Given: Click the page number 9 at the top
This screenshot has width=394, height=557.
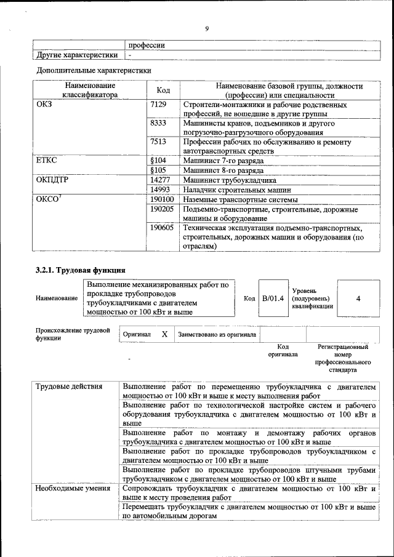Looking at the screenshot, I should (x=207, y=28).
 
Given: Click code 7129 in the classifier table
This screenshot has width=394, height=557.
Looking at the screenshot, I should (x=159, y=105).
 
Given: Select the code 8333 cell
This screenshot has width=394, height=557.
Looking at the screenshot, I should (x=159, y=123).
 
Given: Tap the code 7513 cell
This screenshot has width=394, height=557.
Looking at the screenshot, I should (x=159, y=142).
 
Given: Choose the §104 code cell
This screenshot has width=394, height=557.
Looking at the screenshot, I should (x=159, y=160).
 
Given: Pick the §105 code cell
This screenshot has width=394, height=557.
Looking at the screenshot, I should (x=159, y=169).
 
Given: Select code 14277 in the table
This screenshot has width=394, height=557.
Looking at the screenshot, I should (x=160, y=180).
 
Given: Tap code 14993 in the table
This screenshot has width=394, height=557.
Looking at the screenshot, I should (x=160, y=190).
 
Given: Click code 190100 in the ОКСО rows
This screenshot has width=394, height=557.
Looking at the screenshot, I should (x=163, y=199).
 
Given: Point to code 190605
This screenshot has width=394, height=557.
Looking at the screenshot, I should (x=163, y=228).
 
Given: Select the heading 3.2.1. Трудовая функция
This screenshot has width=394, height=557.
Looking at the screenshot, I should (x=81, y=270).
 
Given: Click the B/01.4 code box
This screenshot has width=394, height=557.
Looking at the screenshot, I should (x=272, y=299).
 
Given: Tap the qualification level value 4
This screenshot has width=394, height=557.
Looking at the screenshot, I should (x=358, y=299).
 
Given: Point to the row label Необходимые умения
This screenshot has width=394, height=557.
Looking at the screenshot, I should (x=68, y=489).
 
